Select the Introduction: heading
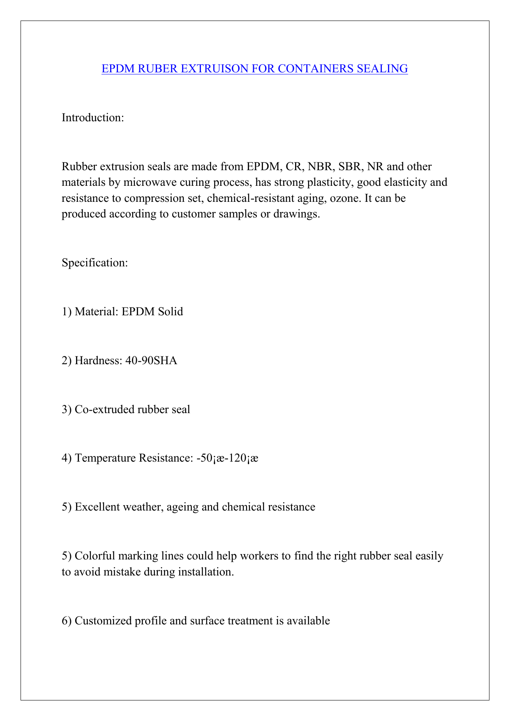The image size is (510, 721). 93,118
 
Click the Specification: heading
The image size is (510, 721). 95,263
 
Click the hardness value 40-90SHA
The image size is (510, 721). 150,361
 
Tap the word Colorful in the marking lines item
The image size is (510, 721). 95,556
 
